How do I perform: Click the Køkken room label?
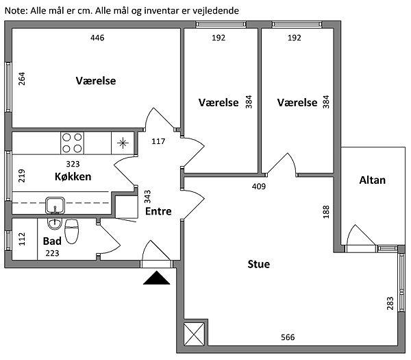pyautogui.click(x=73, y=177)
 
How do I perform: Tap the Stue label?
pyautogui.click(x=258, y=264)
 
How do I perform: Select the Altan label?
pyautogui.click(x=373, y=180)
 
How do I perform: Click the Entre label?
pyautogui.click(x=158, y=211)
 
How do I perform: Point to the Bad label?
pyautogui.click(x=53, y=241)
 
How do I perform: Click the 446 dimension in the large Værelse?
pyautogui.click(x=97, y=38)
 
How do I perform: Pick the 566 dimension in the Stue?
pyautogui.click(x=288, y=337)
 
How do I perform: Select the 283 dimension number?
pyautogui.click(x=390, y=304)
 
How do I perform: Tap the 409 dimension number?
pyautogui.click(x=258, y=186)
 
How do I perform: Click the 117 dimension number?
pyautogui.click(x=158, y=142)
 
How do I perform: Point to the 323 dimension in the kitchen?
pyautogui.click(x=73, y=165)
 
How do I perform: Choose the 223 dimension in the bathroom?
pyautogui.click(x=53, y=253)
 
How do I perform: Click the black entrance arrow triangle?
pyautogui.click(x=158, y=278)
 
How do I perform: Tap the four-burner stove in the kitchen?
pyautogui.click(x=73, y=143)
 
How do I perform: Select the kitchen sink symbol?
pyautogui.click(x=54, y=204)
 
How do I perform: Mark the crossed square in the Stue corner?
pyautogui.click(x=195, y=333)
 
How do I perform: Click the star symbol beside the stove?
pyautogui.click(x=122, y=143)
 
